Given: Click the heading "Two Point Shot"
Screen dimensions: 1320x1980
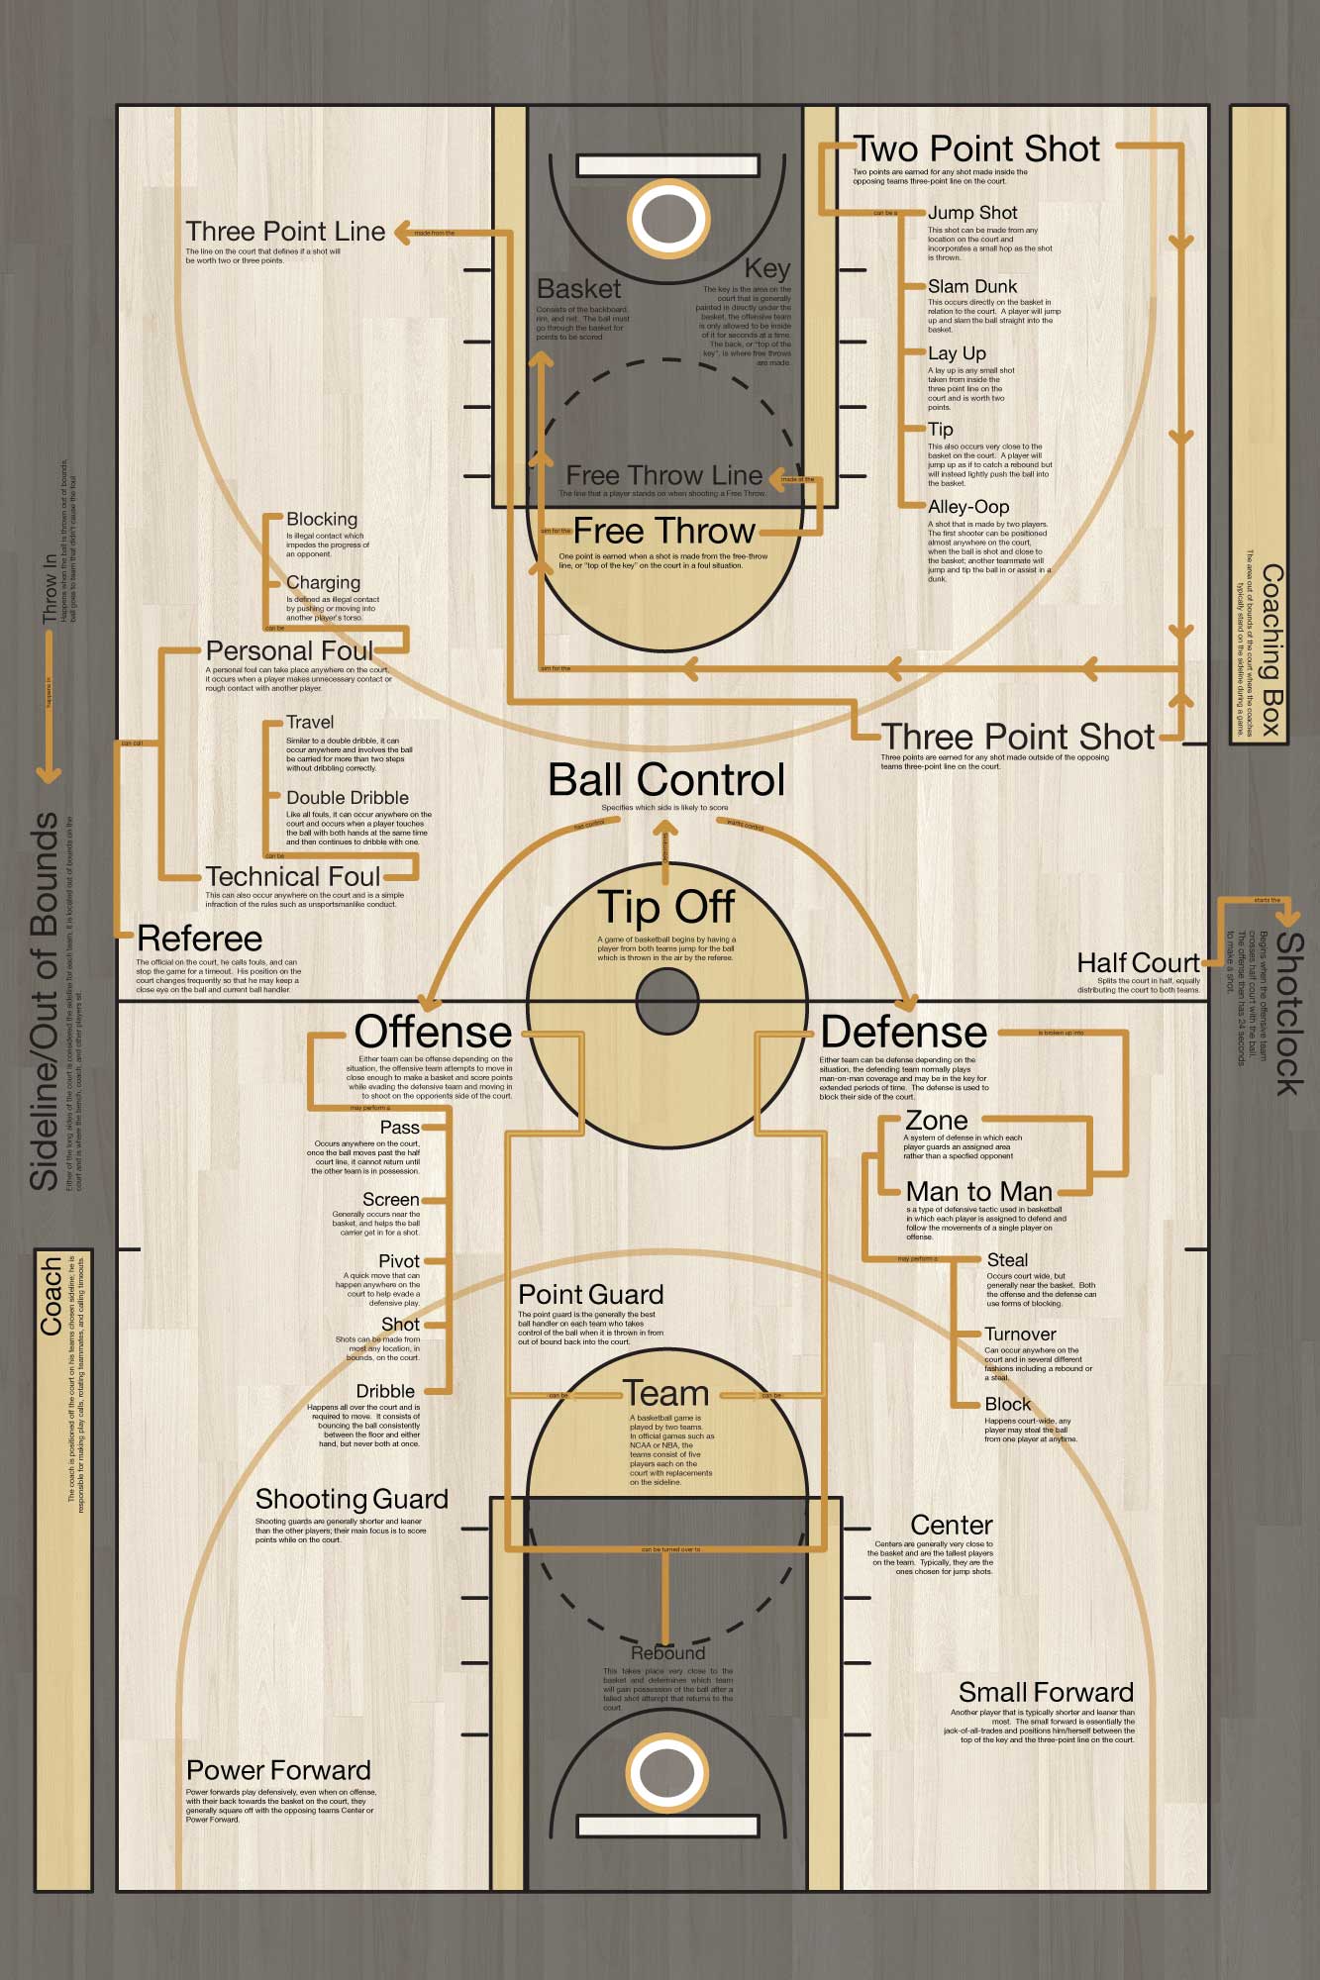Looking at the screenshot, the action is click(x=976, y=149).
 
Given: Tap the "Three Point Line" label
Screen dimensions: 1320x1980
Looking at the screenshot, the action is click(x=285, y=232).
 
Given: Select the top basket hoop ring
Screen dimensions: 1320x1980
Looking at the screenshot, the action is click(x=668, y=219).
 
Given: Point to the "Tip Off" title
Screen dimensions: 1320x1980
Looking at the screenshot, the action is click(x=666, y=907).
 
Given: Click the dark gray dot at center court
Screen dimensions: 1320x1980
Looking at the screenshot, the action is click(x=667, y=1001).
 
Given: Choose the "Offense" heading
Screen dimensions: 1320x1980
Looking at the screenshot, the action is click(x=433, y=1033).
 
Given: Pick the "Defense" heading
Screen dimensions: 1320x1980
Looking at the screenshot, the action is click(x=903, y=1033).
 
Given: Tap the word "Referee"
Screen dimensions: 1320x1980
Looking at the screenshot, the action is click(x=199, y=939).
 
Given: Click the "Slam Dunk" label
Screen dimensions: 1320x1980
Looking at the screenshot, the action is click(x=971, y=287).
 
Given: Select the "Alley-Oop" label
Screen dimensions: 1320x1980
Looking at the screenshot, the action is click(x=967, y=507).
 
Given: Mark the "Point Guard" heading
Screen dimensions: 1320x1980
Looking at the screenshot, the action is click(x=590, y=1295).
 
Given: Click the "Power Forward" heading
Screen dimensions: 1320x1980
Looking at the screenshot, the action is click(x=278, y=1770).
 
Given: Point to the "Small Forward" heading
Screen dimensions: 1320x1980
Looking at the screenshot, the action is click(x=1045, y=1693).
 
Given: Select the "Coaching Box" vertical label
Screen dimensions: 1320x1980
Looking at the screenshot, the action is click(x=1271, y=650).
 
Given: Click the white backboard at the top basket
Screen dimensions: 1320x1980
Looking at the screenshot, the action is click(x=668, y=165).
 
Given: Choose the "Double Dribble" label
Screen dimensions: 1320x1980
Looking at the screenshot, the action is click(x=347, y=798).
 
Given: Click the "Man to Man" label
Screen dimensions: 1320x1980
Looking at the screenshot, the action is click(x=978, y=1192).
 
